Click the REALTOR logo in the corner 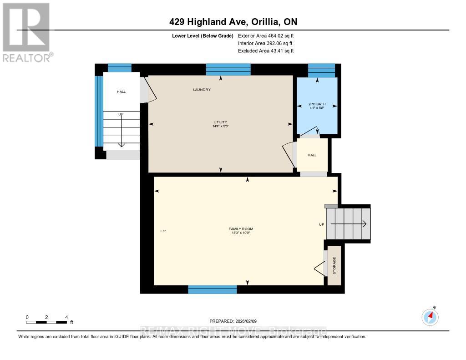coord(26,32)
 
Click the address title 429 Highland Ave coord(233,22)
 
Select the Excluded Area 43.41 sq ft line coord(266,51)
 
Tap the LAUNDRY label coord(202,90)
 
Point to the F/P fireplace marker coord(163,231)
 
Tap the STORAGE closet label coord(334,266)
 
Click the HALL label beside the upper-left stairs coord(121,91)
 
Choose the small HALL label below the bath coord(312,155)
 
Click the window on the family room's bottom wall coord(213,289)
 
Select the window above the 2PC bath coord(321,71)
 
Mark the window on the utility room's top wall coord(228,69)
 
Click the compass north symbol coord(430,316)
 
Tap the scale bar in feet coord(46,322)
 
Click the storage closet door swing coord(320,270)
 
